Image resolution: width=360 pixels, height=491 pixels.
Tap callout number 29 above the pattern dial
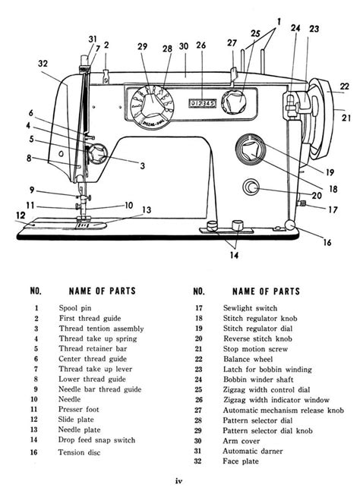pyautogui.click(x=142, y=48)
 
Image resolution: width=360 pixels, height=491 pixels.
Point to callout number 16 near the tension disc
pyautogui.click(x=327, y=243)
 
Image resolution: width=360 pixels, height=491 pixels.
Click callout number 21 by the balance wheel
pyautogui.click(x=346, y=118)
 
